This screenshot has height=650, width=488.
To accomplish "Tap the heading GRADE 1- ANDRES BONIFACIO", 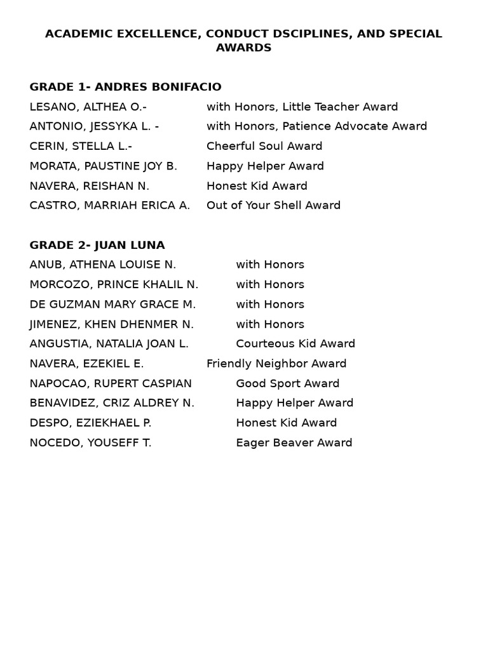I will click(x=125, y=87).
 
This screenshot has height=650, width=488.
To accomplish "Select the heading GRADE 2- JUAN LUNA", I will click(x=97, y=245).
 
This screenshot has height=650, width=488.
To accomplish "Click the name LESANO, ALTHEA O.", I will click(x=88, y=107).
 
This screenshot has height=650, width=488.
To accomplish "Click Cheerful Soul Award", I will click(x=264, y=146).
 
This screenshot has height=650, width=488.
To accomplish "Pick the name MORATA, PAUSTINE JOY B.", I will click(x=103, y=166).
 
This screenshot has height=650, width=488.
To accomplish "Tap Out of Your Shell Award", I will click(x=273, y=206).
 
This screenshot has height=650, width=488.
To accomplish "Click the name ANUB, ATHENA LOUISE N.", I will click(x=102, y=265).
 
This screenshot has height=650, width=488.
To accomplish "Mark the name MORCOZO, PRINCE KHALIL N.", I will click(x=114, y=284).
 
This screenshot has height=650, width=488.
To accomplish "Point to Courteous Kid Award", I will click(x=295, y=344).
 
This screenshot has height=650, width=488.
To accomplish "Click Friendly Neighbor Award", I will click(x=276, y=364).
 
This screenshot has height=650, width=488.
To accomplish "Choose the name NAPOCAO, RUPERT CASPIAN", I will click(x=111, y=383).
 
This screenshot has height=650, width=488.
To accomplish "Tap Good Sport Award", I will click(x=287, y=383).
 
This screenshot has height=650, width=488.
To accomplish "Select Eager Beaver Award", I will click(x=294, y=443).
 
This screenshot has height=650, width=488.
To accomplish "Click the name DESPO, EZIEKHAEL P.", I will click(x=90, y=423).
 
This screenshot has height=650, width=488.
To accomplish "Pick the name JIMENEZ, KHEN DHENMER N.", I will click(x=111, y=324).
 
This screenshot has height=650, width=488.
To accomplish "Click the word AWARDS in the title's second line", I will click(x=243, y=48).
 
